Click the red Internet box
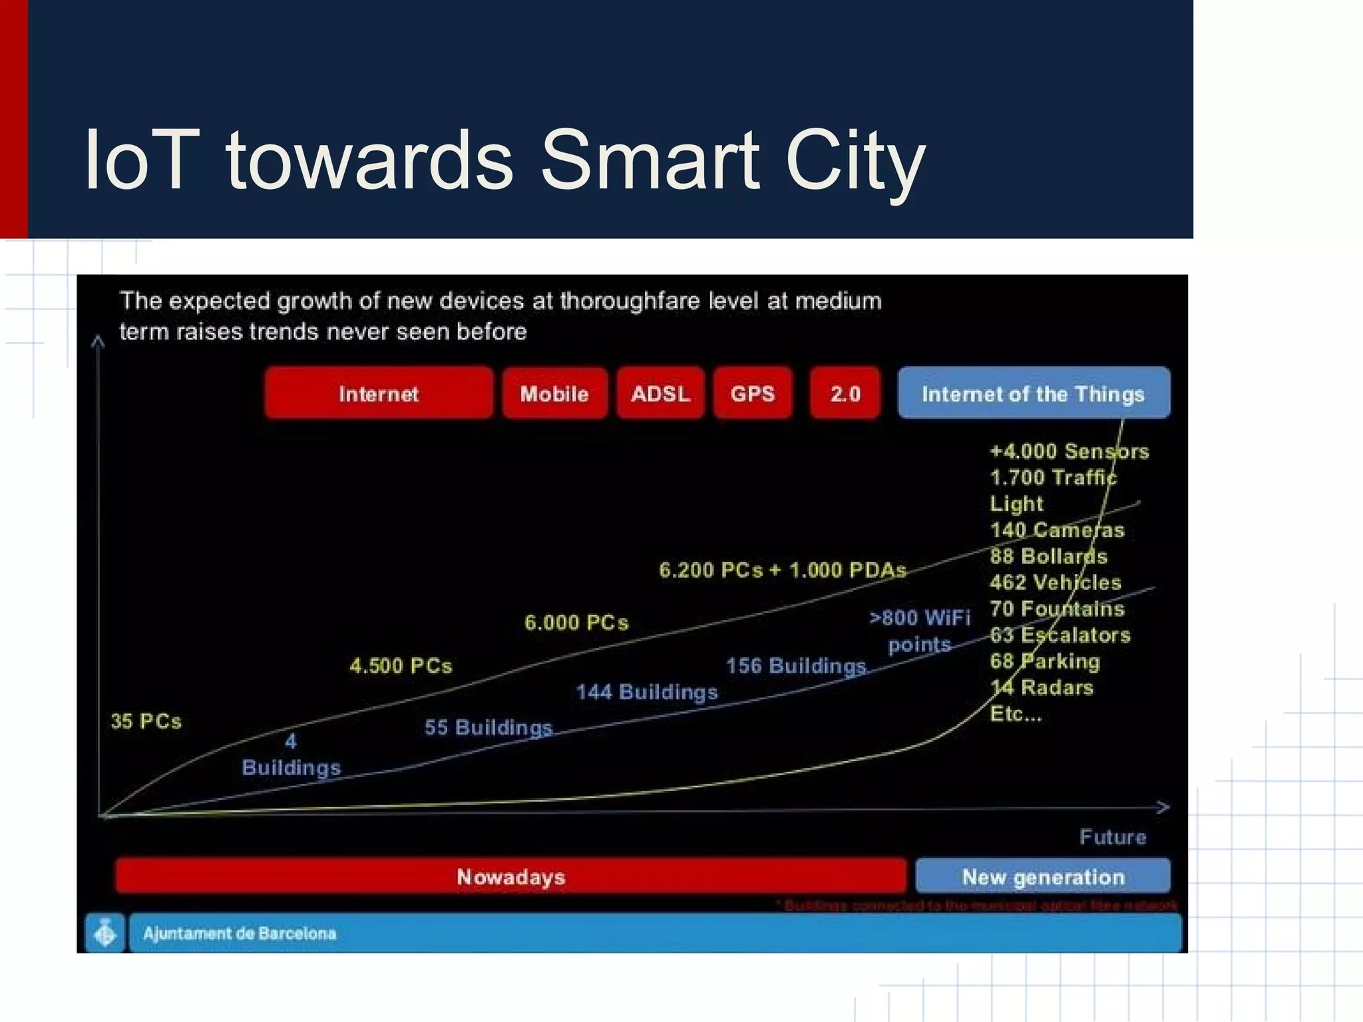(378, 393)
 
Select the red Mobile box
(554, 393)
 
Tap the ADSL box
(660, 393)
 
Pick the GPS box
(753, 393)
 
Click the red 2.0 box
(845, 393)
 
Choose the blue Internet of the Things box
(1033, 393)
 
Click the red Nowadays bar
(510, 876)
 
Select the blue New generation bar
(1043, 876)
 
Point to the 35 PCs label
(146, 721)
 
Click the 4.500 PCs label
(401, 665)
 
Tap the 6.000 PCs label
(576, 622)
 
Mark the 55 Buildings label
(488, 727)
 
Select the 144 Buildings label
(647, 692)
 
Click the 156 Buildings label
(796, 665)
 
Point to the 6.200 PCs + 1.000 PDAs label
(783, 570)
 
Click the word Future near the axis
(1113, 836)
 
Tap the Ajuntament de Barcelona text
(240, 933)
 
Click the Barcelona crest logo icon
(105, 933)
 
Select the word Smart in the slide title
(650, 161)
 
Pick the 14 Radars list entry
(1042, 687)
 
